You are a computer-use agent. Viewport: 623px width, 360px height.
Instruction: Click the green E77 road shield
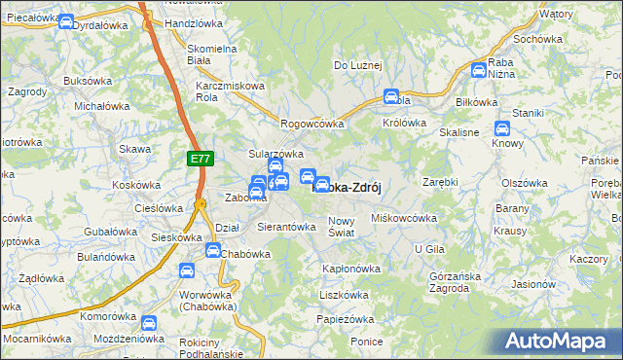pos(198,157)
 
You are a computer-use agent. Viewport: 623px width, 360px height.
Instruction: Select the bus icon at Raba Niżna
pos(478,70)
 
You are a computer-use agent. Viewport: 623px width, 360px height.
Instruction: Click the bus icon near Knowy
pos(502,128)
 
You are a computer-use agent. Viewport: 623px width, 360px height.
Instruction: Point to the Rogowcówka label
pos(312,124)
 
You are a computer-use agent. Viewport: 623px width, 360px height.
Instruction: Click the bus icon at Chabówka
pos(212,251)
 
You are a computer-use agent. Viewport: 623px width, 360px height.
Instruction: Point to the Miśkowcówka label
pos(404,218)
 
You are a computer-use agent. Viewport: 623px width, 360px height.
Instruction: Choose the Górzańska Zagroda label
pos(455,282)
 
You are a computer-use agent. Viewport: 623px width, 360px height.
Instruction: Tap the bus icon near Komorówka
pos(148,323)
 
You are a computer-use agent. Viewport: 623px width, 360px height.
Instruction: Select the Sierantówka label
pos(286,227)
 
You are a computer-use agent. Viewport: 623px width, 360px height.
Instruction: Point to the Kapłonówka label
pos(350,268)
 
